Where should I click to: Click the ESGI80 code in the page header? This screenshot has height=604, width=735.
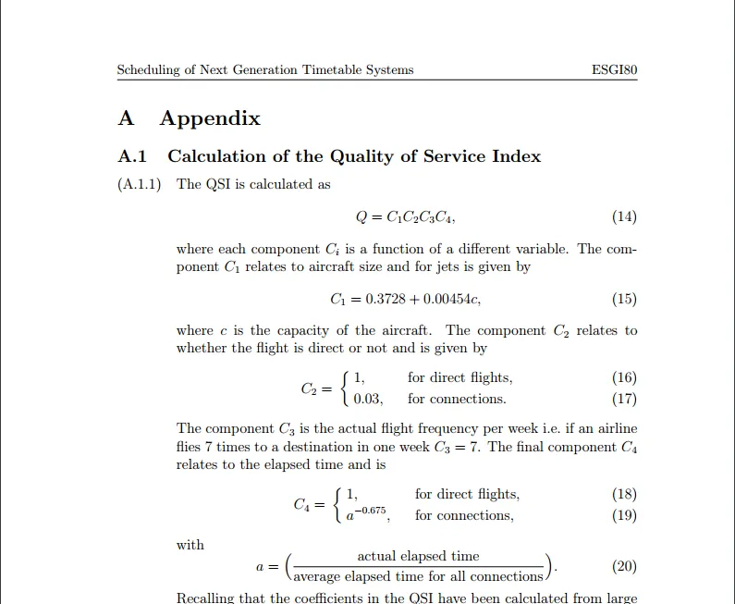coord(613,70)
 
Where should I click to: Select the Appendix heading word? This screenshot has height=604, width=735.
coord(210,118)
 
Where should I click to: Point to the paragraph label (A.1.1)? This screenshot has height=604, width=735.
coord(140,184)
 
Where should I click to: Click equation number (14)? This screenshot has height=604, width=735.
coord(624,217)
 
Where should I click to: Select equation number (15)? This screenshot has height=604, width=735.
coord(624,299)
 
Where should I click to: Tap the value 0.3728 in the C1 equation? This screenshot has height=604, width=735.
coord(386,299)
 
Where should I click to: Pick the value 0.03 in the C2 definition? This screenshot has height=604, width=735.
coord(367,400)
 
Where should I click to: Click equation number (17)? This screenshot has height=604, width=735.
coord(624,400)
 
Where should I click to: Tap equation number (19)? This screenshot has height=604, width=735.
coord(624,515)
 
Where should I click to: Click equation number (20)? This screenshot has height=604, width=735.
coord(624,567)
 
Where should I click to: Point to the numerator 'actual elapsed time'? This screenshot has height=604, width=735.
coord(418,556)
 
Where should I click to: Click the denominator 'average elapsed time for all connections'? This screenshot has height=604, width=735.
coord(418,577)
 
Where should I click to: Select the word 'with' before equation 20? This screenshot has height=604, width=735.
coord(190,545)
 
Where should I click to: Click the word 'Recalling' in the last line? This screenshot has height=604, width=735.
coord(207,598)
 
